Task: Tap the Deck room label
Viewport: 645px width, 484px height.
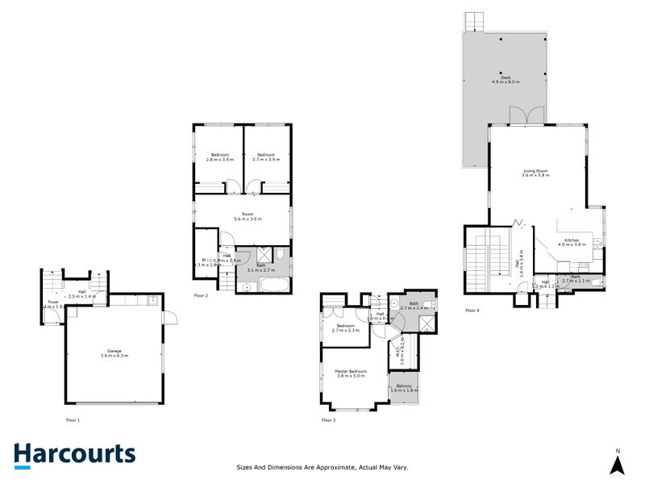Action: click(506, 80)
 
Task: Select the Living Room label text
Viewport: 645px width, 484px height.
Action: click(535, 173)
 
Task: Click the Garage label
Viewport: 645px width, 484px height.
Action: click(114, 353)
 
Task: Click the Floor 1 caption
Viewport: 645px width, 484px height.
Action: click(73, 420)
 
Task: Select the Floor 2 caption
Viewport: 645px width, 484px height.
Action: click(202, 296)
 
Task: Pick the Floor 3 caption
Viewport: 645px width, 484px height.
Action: click(328, 420)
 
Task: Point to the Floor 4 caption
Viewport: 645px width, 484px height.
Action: click(472, 311)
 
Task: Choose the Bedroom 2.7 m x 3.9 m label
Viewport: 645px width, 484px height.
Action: click(266, 157)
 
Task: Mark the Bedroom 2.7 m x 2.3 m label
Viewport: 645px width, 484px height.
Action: click(345, 328)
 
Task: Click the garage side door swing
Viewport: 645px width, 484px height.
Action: click(169, 317)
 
